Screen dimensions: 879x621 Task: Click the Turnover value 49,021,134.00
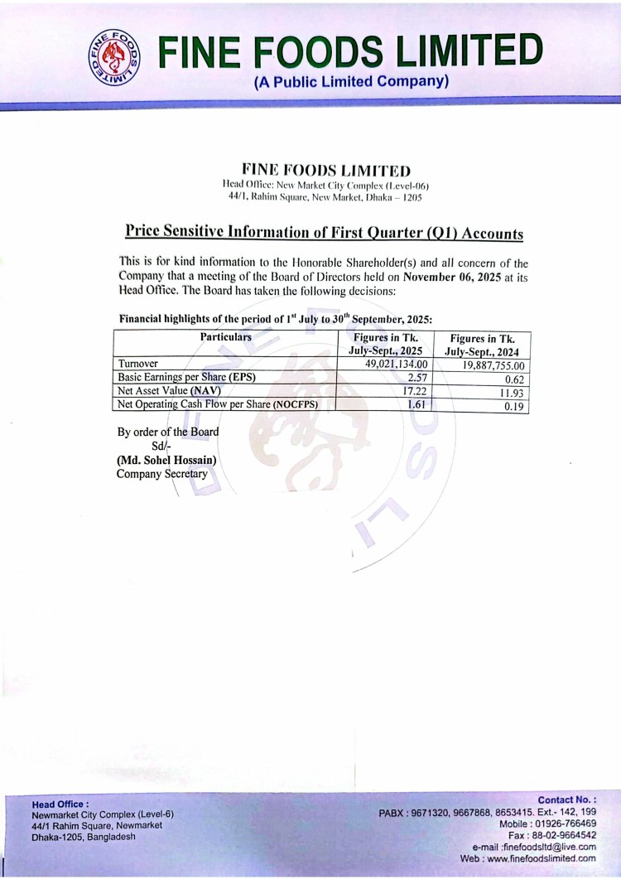coord(397,364)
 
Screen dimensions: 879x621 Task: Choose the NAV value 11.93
coord(511,394)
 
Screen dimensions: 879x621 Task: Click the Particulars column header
coord(225,337)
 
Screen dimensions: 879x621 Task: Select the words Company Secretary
coord(162,474)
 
